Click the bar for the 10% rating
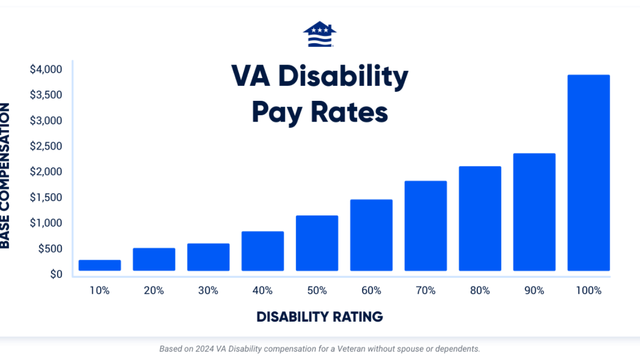(x=100, y=265)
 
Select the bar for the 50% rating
(x=317, y=243)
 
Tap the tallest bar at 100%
(x=588, y=173)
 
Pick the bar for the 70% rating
(x=426, y=226)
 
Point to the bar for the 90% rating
(x=534, y=212)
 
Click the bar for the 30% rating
(x=208, y=257)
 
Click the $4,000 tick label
(x=46, y=69)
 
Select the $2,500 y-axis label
(x=46, y=146)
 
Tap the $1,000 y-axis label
(x=46, y=223)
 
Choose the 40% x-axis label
(x=262, y=291)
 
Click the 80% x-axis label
(x=480, y=291)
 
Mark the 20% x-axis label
(x=154, y=291)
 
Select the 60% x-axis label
(x=371, y=291)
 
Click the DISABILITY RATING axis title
(x=319, y=316)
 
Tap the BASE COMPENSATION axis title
(x=5, y=176)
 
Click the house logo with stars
(x=319, y=34)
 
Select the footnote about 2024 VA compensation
(x=319, y=349)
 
